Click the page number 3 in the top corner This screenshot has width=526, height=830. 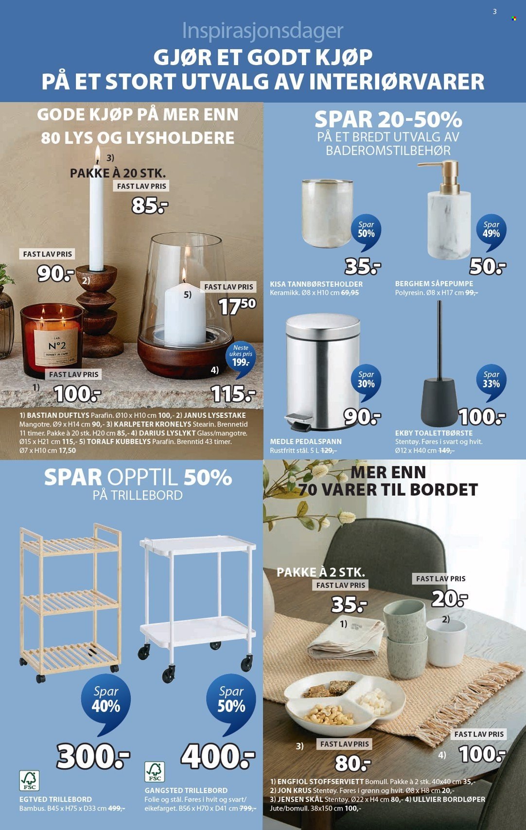494,12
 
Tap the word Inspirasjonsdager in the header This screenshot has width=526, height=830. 263,31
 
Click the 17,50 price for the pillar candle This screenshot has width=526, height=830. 237,306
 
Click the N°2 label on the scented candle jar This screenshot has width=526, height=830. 57,346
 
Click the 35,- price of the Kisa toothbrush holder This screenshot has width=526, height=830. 363,266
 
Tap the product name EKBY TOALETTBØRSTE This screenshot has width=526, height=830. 434,433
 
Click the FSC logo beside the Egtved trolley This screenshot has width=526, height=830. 29,780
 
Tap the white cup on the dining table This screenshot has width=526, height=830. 446,641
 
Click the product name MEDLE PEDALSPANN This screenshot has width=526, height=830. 306,441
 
